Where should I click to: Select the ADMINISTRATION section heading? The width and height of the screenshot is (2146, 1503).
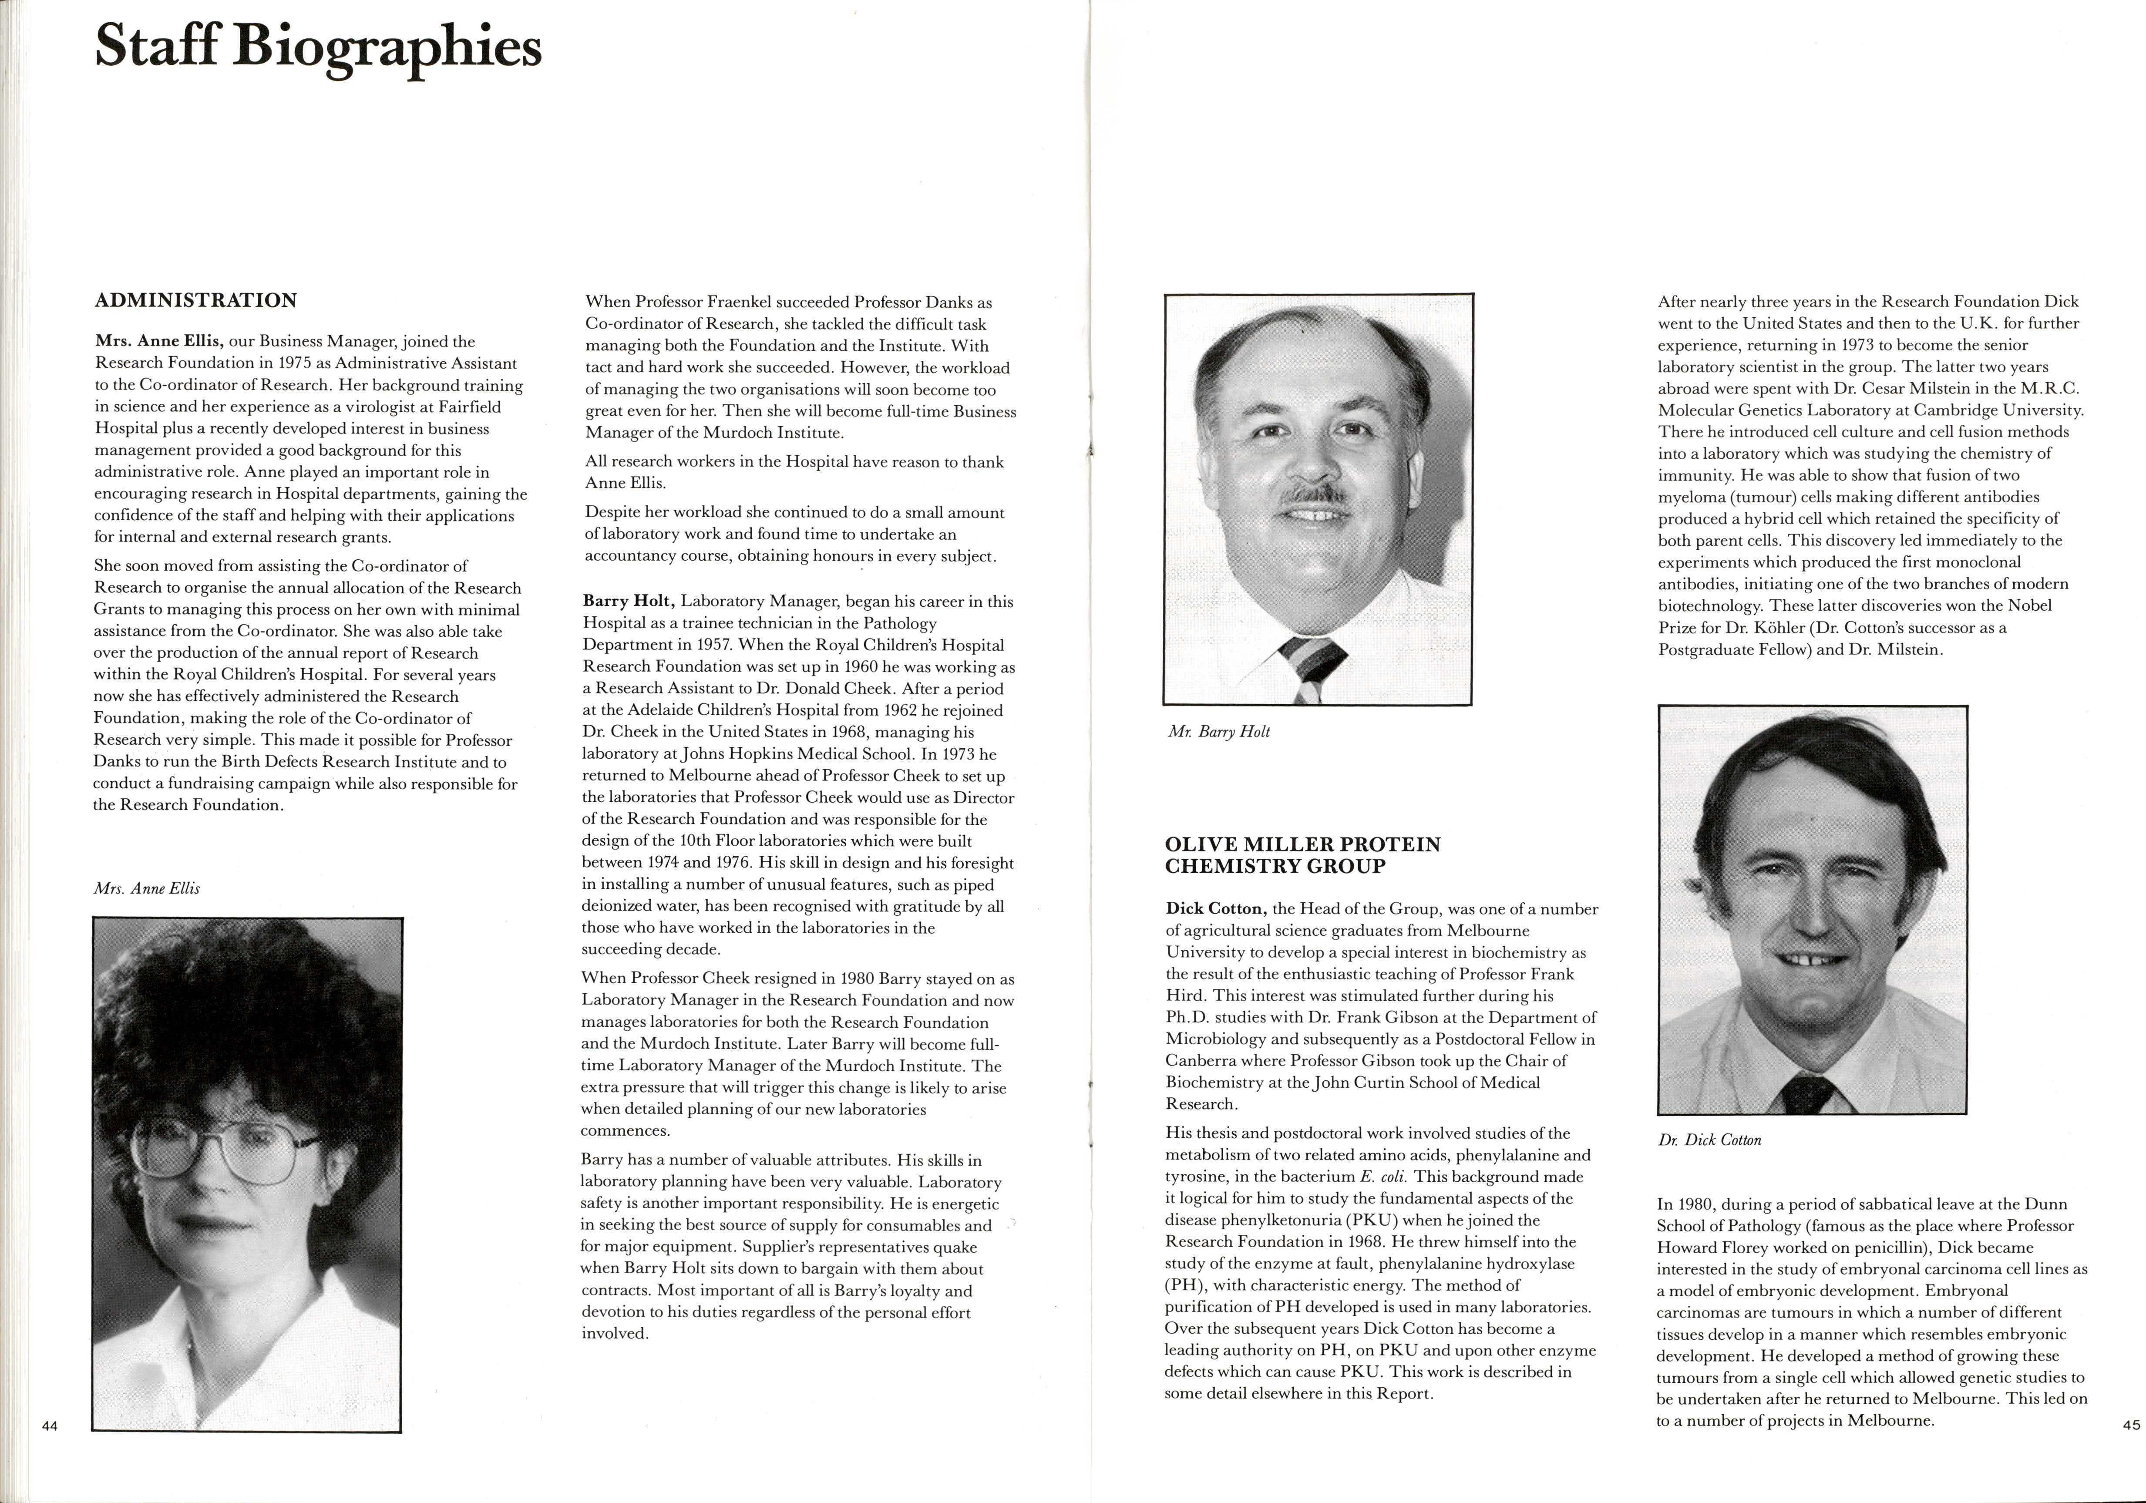(x=195, y=300)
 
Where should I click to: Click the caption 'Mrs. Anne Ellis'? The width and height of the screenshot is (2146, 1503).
(x=147, y=888)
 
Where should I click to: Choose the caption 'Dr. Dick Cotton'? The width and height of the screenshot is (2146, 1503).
(x=1709, y=1140)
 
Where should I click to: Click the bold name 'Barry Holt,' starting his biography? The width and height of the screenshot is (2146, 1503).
(x=628, y=601)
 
